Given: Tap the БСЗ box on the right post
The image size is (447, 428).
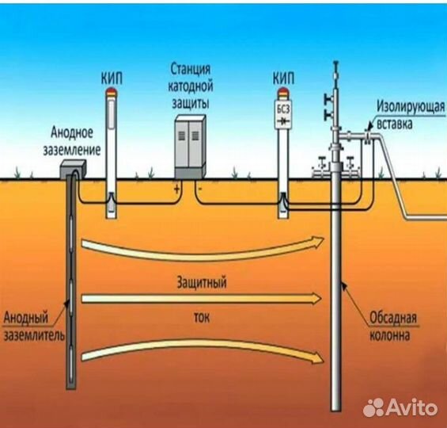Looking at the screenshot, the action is click(283, 114).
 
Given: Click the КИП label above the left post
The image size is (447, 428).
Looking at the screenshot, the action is click(112, 78).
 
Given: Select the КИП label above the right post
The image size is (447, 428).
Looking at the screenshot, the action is click(283, 78).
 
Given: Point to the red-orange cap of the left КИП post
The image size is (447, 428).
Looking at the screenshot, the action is click(112, 93).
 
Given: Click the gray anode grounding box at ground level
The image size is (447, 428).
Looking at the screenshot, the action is click(73, 169).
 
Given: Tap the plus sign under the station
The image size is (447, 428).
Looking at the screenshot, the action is click(176, 189).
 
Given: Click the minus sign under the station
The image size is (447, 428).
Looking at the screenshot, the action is click(200, 189).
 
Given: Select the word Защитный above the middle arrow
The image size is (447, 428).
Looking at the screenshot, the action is click(202, 282).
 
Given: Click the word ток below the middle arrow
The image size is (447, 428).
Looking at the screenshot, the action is click(202, 318).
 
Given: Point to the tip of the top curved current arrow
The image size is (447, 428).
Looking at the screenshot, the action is click(324, 239).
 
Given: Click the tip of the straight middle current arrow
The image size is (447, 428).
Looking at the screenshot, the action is click(321, 299).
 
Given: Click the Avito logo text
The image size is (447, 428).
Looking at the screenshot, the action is click(412, 407).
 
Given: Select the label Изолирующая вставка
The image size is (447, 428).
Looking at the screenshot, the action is click(411, 116).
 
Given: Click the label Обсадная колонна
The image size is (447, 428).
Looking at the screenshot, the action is click(393, 327).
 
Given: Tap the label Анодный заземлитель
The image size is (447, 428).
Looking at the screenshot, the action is click(34, 327).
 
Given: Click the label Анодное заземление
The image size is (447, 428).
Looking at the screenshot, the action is click(72, 142).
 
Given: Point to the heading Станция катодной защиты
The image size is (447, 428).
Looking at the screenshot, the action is click(191, 86).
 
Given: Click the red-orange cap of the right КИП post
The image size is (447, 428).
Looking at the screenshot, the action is click(283, 93).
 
